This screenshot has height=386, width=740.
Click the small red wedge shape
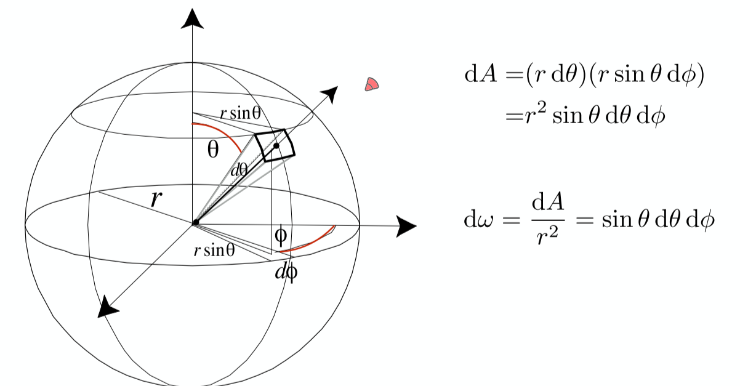[x=371, y=85]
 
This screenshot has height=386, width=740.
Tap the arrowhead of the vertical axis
[x=193, y=20]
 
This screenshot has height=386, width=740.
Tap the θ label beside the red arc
[x=212, y=150]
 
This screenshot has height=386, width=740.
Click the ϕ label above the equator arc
[x=280, y=234]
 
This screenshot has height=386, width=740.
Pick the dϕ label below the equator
[x=286, y=271]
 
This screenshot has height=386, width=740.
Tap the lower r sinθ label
[x=214, y=251]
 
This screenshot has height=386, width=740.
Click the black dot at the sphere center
[x=195, y=222]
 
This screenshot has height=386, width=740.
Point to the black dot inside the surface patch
[x=276, y=146]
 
